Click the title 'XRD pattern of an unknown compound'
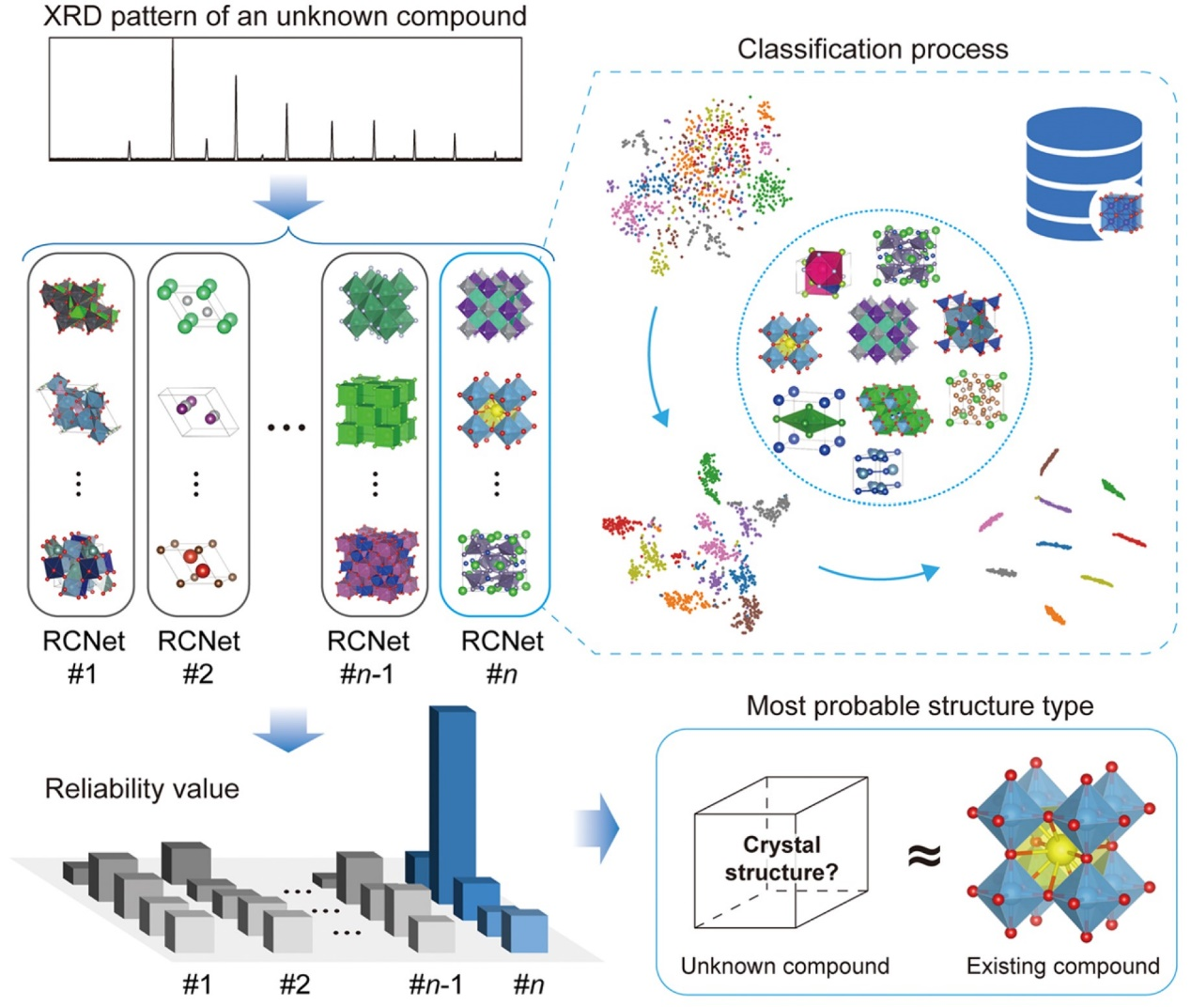(285, 16)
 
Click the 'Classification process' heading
(872, 49)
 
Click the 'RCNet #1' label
(83, 656)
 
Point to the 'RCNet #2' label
(198, 656)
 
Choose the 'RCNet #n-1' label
(368, 656)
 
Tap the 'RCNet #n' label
(502, 656)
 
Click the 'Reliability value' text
(142, 788)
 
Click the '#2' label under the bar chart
(294, 984)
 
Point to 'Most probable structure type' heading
(920, 705)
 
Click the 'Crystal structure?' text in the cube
(781, 858)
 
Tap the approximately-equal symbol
(923, 855)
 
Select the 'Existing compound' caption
(1062, 966)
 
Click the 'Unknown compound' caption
(784, 966)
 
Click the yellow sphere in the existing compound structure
(1060, 851)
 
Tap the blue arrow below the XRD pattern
(288, 199)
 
